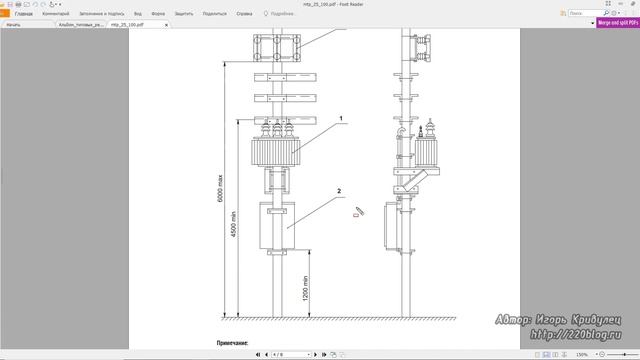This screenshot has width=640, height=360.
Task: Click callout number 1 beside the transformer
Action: (x=341, y=120)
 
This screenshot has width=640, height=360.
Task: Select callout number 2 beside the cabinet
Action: (x=340, y=190)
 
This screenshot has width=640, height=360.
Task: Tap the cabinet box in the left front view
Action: (x=279, y=227)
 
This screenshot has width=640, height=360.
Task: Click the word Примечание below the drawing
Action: (x=233, y=342)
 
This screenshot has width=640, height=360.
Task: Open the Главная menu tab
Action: (x=23, y=14)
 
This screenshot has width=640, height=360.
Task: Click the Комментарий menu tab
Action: (x=56, y=14)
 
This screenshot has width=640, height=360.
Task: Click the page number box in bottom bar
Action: (x=280, y=354)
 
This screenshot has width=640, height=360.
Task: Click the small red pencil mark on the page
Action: (x=357, y=212)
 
